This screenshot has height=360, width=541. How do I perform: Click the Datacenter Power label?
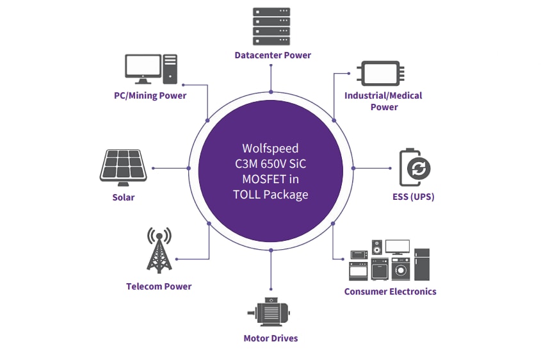(x=273, y=55)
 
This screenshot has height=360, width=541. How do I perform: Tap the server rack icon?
(x=271, y=25)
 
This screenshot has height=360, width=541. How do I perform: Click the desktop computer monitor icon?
(x=143, y=68)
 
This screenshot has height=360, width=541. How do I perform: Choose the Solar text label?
(x=124, y=197)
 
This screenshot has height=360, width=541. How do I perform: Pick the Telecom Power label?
(x=159, y=286)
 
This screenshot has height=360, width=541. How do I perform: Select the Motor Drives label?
(x=271, y=338)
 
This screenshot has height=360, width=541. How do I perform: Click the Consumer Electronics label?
(x=390, y=291)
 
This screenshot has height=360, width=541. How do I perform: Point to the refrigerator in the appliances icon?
(x=422, y=265)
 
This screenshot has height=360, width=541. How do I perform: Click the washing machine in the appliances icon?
(x=400, y=269)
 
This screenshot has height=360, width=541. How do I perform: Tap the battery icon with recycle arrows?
(x=415, y=168)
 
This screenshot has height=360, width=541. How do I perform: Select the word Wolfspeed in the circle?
(x=270, y=147)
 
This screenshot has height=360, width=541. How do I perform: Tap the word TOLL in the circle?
(x=247, y=194)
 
